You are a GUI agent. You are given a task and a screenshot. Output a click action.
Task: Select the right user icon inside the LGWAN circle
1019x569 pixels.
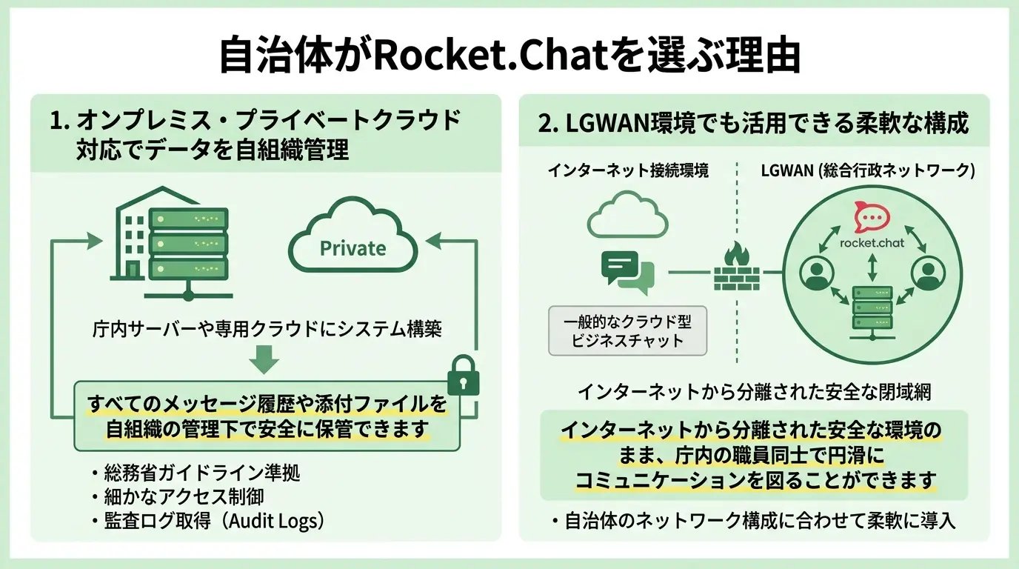tap(926, 274)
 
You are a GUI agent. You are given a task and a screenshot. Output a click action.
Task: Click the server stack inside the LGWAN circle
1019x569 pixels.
tap(872, 310)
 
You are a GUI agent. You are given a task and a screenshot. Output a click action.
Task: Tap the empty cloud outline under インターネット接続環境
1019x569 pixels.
tap(628, 213)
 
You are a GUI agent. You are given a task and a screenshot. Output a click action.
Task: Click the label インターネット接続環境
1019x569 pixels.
tap(628, 170)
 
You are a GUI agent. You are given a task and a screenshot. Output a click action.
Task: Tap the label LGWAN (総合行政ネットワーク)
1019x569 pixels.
tap(868, 170)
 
